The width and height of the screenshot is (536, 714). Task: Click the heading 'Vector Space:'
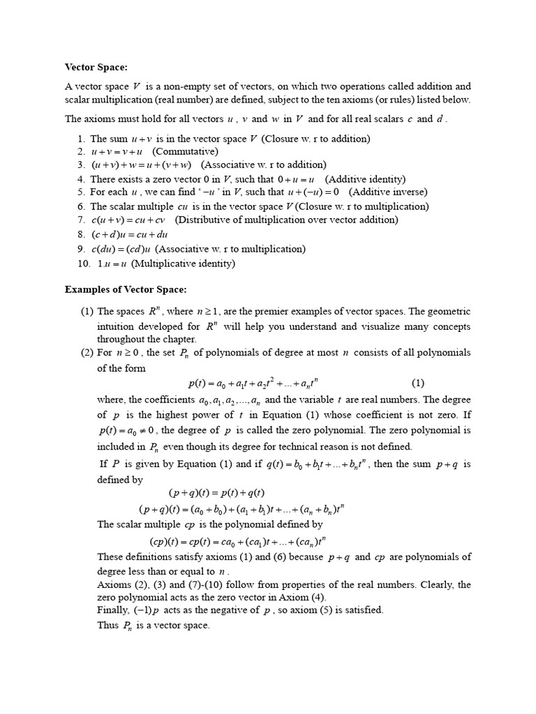click(96, 67)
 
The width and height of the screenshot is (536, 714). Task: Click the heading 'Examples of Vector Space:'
click(126, 289)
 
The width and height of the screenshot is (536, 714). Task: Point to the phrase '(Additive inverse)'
click(388, 192)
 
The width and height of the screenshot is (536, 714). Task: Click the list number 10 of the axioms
click(84, 263)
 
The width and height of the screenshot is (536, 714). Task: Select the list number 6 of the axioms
click(81, 206)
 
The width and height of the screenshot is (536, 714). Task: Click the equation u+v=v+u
click(117, 151)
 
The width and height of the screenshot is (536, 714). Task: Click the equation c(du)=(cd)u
click(121, 249)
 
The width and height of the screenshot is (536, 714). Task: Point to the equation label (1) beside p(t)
click(417, 382)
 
